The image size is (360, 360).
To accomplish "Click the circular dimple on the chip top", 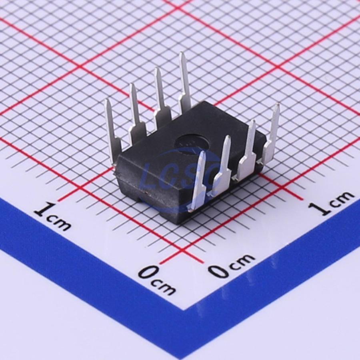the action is (192, 142).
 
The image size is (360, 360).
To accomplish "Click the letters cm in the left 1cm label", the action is (59, 222).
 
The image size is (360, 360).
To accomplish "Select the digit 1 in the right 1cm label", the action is (320, 209).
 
